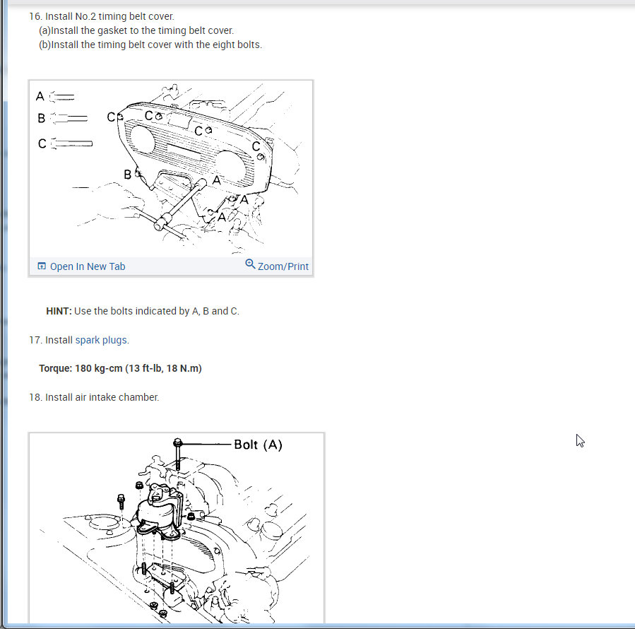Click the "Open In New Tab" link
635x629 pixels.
[x=88, y=266]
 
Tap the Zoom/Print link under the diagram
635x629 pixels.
[x=283, y=266]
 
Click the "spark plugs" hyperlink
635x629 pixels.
[x=101, y=340]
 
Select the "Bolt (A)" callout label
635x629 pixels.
[x=258, y=445]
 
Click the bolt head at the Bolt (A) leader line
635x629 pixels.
[x=177, y=442]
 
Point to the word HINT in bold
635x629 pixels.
[x=59, y=311]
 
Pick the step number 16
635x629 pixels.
[x=35, y=16]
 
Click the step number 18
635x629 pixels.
[x=35, y=397]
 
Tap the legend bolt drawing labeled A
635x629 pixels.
[x=62, y=97]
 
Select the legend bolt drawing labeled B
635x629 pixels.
[x=69, y=118]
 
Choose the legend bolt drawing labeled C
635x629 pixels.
[x=71, y=143]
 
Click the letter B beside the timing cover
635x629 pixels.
[x=127, y=175]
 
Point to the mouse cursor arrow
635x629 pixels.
[x=580, y=440]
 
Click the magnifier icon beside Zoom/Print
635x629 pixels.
[x=250, y=264]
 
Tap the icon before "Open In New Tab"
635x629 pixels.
[x=41, y=266]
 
